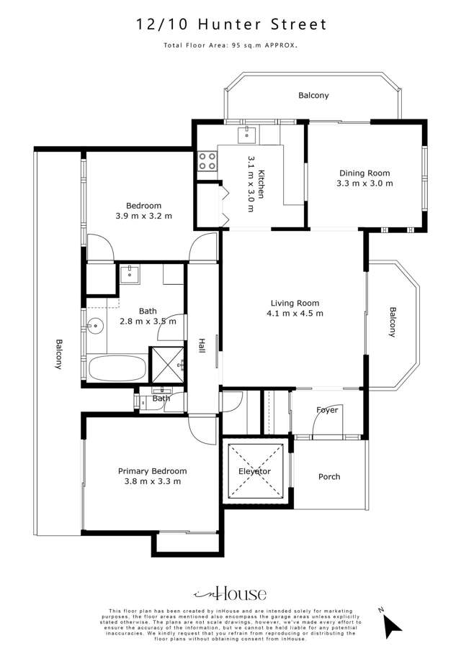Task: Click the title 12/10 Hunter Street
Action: point(231,24)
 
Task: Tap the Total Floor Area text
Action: point(231,45)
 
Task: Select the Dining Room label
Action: point(364,173)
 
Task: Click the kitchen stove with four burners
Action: point(208,161)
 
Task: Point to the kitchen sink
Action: point(248,132)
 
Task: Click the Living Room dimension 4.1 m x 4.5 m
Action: point(295,313)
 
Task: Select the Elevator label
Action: point(254,471)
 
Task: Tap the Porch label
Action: point(329,476)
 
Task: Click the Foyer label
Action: point(327,410)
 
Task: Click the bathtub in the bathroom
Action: point(117,370)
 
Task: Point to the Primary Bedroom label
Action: point(152,471)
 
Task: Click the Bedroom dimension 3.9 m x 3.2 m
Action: point(143,216)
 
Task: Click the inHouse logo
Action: point(230,593)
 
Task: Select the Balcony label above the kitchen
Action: point(313,95)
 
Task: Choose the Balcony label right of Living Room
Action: point(393,322)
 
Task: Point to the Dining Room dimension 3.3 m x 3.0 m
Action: point(364,183)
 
